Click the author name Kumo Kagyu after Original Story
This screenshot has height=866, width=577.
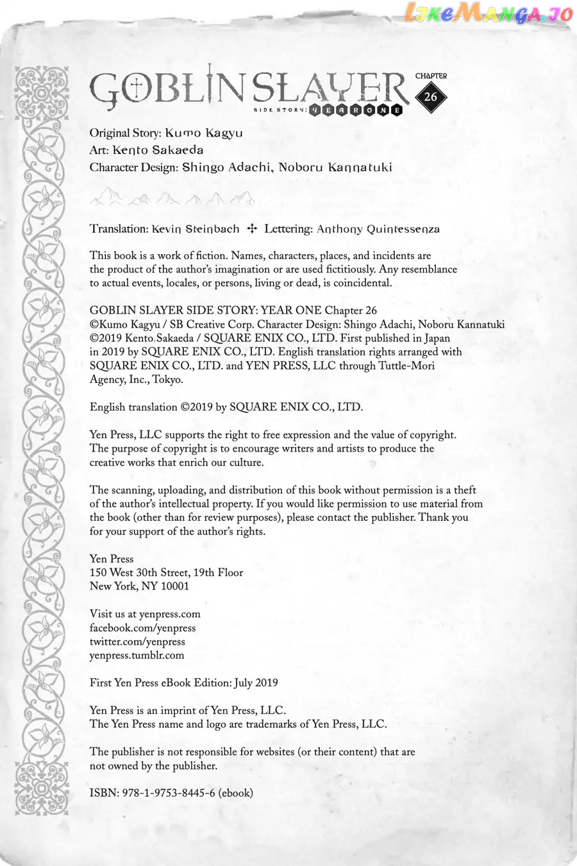pyautogui.click(x=204, y=133)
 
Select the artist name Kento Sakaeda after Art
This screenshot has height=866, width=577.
pyautogui.click(x=158, y=150)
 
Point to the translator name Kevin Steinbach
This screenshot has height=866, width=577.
pyautogui.click(x=196, y=229)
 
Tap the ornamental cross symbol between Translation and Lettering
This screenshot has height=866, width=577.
pyautogui.click(x=252, y=228)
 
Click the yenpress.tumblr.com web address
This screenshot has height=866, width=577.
pyautogui.click(x=137, y=656)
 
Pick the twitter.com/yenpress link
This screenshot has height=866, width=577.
pyautogui.click(x=137, y=641)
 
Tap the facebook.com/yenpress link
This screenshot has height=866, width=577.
pyautogui.click(x=142, y=628)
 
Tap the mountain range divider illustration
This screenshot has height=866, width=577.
pyautogui.click(x=172, y=198)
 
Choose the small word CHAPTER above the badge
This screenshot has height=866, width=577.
pyautogui.click(x=431, y=76)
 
